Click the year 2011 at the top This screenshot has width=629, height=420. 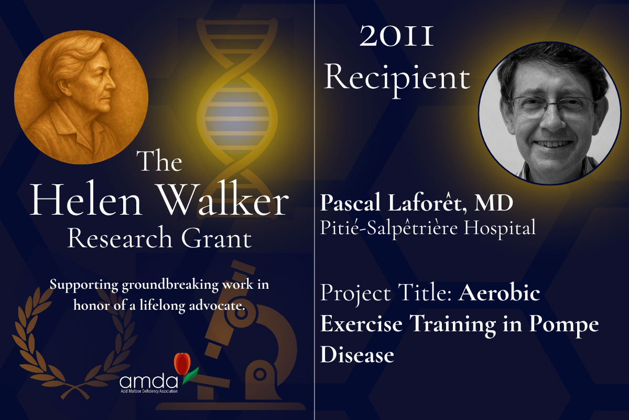coord(396,36)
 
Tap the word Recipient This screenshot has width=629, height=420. coord(397,79)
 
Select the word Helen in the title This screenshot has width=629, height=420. coord(85,201)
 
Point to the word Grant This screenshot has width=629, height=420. coord(216,238)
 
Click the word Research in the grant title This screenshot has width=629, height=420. coord(120,238)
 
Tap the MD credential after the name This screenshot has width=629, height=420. coord(494,203)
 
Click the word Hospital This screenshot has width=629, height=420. coord(500,228)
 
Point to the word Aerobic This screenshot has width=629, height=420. coord(499,292)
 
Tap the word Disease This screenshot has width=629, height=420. coord(357,354)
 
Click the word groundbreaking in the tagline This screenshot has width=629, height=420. coord(170,285)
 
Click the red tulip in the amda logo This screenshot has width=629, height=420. coord(182,363)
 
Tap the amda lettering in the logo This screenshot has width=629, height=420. coord(149,381)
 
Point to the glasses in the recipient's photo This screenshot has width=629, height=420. coord(554,108)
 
